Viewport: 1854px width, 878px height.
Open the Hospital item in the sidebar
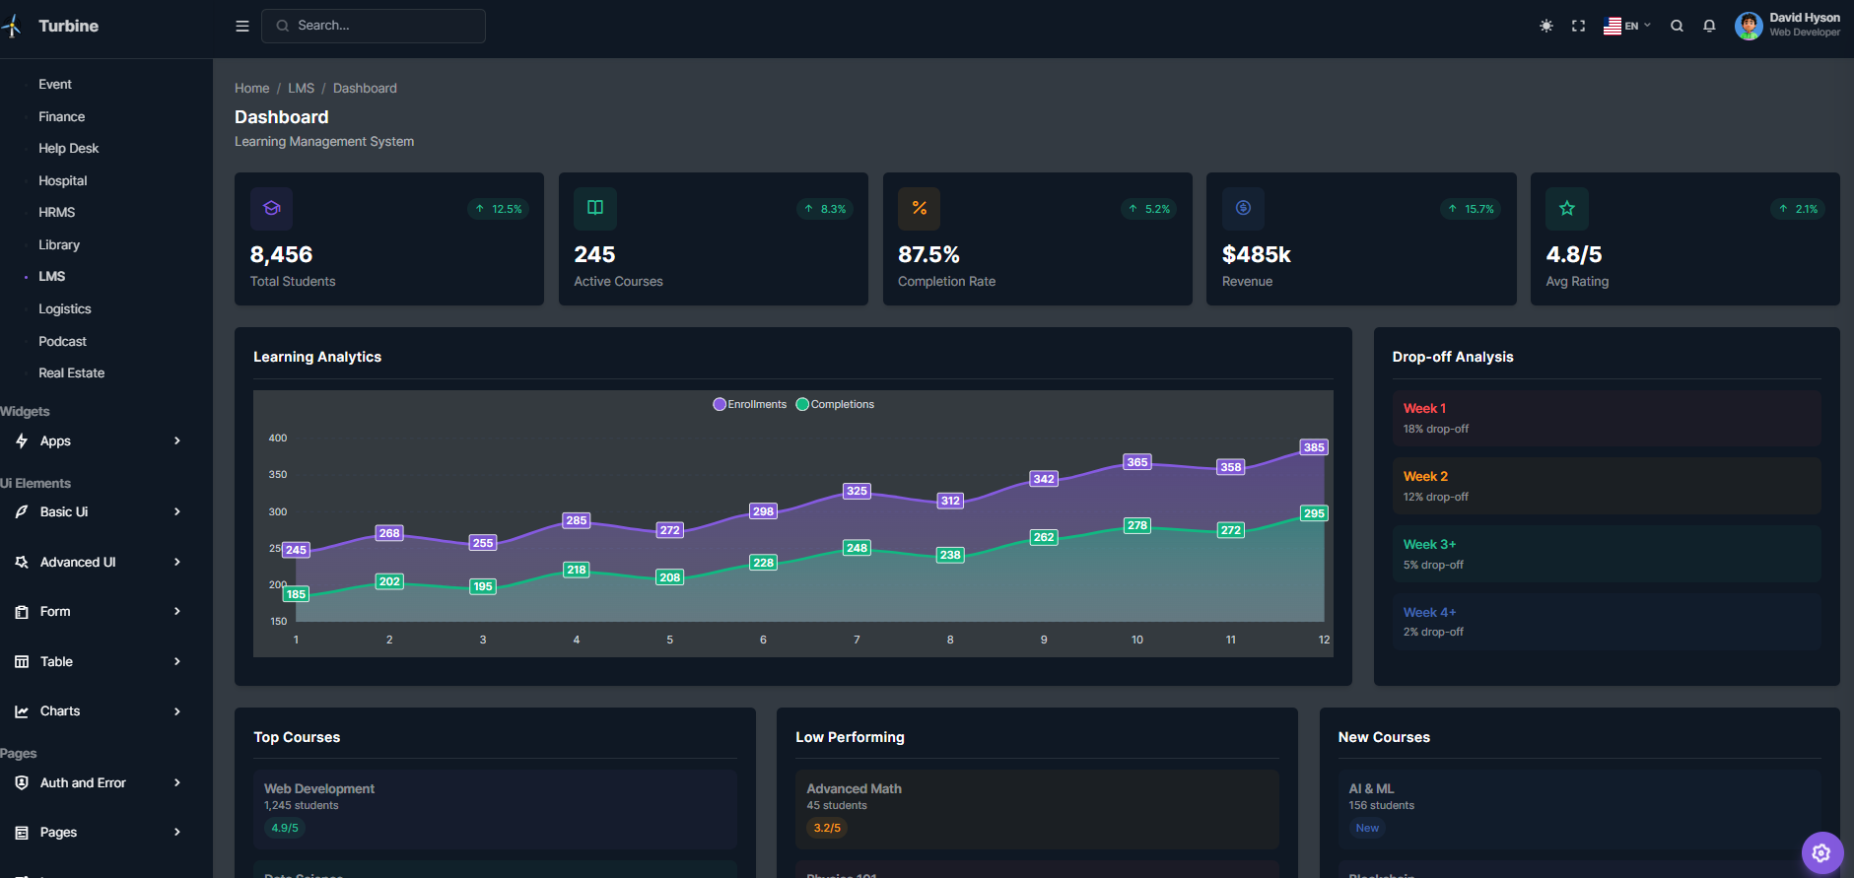pos(63,181)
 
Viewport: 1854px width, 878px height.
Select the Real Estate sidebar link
pos(71,373)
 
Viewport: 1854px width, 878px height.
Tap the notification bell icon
pos(1709,26)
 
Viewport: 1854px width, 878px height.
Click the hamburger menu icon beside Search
pos(242,26)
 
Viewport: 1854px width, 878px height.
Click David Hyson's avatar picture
pos(1749,26)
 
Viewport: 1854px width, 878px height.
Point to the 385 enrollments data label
pos(1314,447)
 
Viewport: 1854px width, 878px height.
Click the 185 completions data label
pos(296,594)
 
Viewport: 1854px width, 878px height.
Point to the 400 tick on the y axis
pos(278,438)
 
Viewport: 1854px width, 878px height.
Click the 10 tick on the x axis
pos(1137,640)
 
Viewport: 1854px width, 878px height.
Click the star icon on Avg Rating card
pos(1567,208)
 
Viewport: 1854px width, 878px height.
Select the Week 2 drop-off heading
pos(1425,476)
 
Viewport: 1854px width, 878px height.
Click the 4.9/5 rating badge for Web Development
pos(285,828)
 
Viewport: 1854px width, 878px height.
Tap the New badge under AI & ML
pos(1367,828)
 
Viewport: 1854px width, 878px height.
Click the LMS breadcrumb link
pos(301,89)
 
